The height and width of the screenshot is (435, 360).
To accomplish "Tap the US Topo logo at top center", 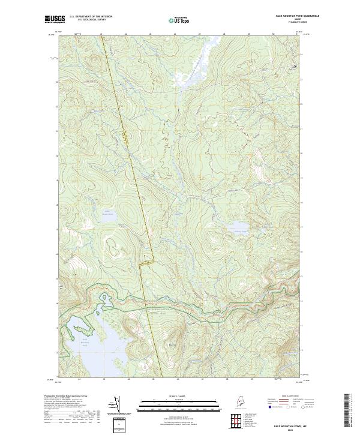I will [179, 20].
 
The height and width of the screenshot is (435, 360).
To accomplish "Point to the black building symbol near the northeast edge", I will [295, 65].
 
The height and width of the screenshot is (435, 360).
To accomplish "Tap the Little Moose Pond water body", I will [108, 212].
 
